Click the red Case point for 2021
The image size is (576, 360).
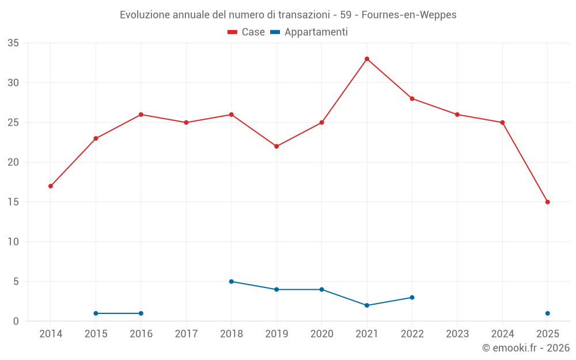(x=367, y=59)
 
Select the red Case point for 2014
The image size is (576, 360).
(x=51, y=186)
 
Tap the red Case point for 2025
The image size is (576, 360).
(x=548, y=202)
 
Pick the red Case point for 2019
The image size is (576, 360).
(x=276, y=146)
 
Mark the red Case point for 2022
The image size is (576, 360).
(x=412, y=98)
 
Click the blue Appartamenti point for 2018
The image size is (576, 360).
(x=232, y=282)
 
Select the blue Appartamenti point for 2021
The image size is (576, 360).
(x=367, y=305)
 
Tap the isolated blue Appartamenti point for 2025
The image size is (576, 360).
(x=548, y=313)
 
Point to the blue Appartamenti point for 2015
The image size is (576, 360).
(x=96, y=313)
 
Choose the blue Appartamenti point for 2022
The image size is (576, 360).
(x=412, y=297)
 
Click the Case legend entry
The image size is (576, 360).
(x=247, y=32)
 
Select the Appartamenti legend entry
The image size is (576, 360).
(x=309, y=32)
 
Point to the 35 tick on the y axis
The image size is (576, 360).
(x=13, y=43)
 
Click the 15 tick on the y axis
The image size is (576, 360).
(x=13, y=202)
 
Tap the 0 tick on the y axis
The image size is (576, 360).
(x=16, y=321)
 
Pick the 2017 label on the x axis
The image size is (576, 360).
(x=186, y=334)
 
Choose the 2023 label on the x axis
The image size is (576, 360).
(x=457, y=334)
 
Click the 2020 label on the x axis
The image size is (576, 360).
(x=322, y=334)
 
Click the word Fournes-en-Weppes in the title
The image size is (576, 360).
(x=409, y=15)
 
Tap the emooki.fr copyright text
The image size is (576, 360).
(x=526, y=348)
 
